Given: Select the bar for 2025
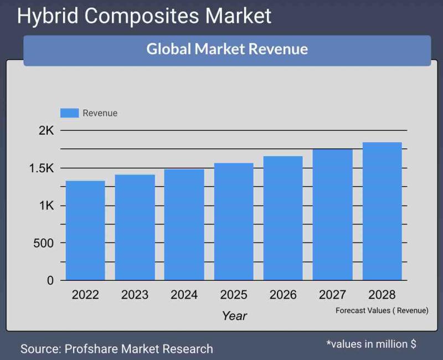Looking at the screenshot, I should pyautogui.click(x=234, y=222).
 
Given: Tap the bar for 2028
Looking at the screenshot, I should pyautogui.click(x=382, y=211).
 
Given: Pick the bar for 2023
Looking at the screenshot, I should pyautogui.click(x=135, y=227).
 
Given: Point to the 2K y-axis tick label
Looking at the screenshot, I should pyautogui.click(x=46, y=131).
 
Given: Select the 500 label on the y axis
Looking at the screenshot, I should pyautogui.click(x=43, y=243).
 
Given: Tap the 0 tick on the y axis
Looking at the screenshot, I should pyautogui.click(x=50, y=281).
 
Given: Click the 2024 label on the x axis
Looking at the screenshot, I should pyautogui.click(x=184, y=295).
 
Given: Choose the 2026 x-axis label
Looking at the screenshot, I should pyautogui.click(x=283, y=295).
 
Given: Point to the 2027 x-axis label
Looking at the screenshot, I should pyautogui.click(x=333, y=295).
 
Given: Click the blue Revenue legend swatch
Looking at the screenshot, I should pyautogui.click(x=70, y=113).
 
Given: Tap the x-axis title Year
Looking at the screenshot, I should pyautogui.click(x=234, y=316).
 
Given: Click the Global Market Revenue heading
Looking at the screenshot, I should pyautogui.click(x=227, y=49).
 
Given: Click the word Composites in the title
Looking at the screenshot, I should pyautogui.click(x=143, y=16).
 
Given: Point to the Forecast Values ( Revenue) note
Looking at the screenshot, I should pyautogui.click(x=382, y=311).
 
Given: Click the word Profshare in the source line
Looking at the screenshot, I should pyautogui.click(x=91, y=349).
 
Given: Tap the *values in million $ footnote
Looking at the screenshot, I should pyautogui.click(x=371, y=344).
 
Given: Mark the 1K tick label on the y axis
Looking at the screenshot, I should pyautogui.click(x=46, y=206).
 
